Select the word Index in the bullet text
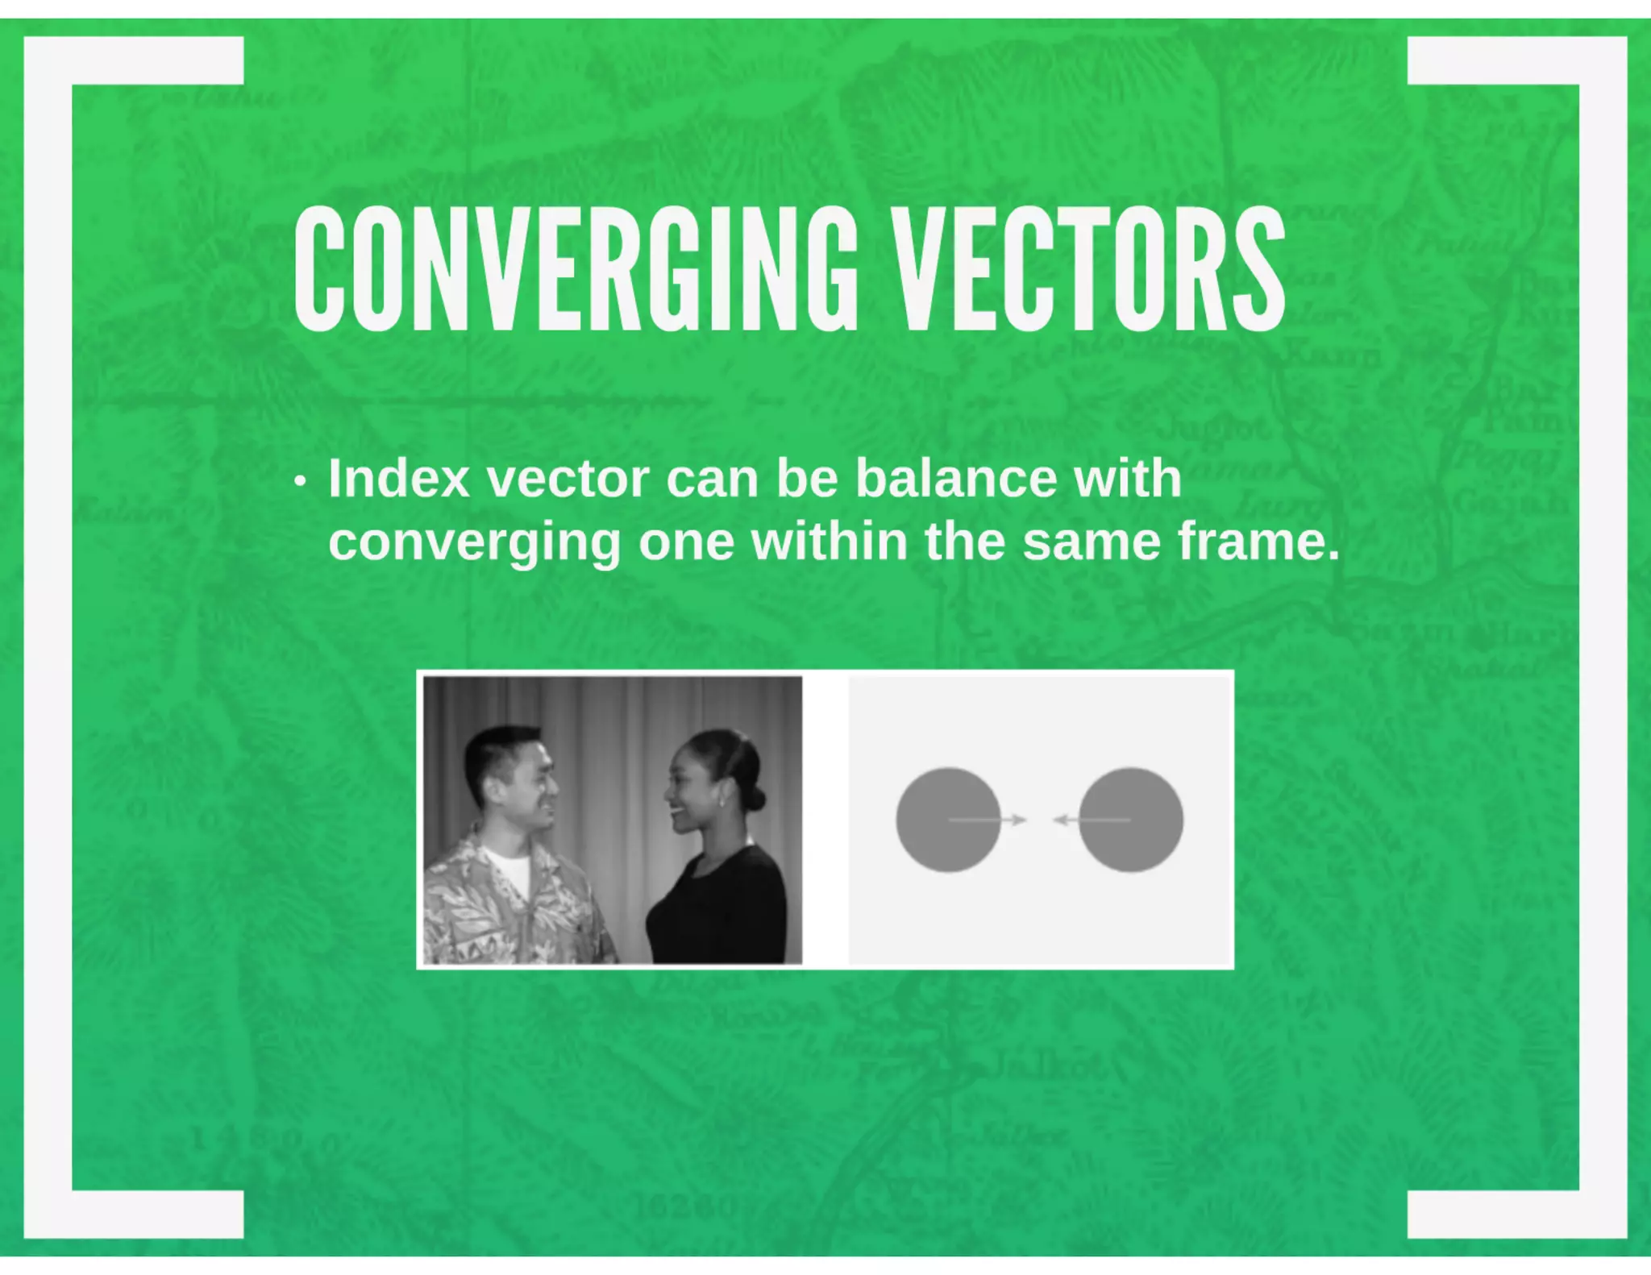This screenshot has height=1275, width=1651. tap(398, 478)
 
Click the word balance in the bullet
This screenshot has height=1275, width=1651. tap(955, 478)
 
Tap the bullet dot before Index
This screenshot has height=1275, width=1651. tap(301, 482)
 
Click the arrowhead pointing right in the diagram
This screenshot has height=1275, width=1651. tap(1020, 820)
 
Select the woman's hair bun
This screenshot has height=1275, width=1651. tap(755, 798)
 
